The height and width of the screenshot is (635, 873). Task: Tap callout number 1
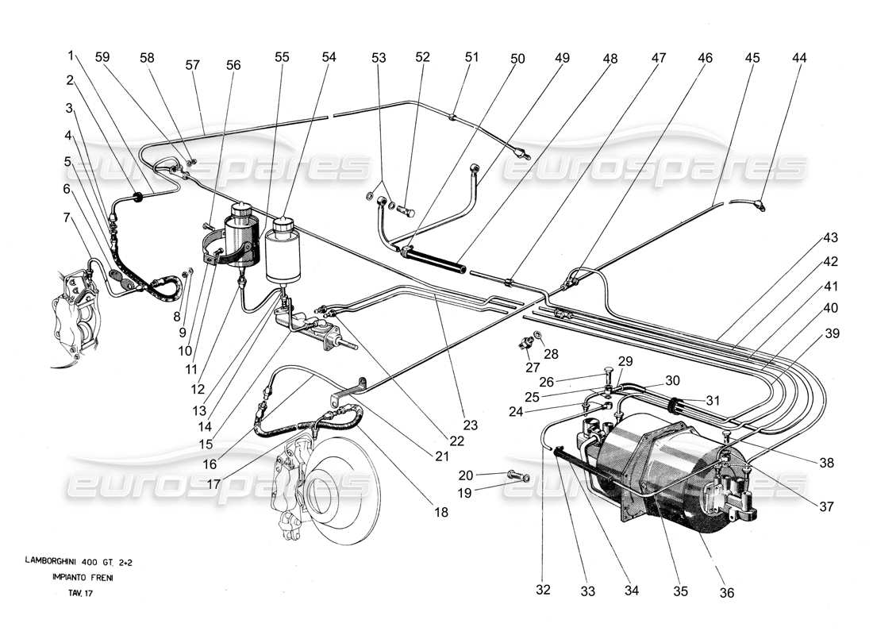(71, 56)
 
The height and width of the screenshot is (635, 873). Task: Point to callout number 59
(102, 58)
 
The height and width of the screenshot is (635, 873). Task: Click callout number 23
(471, 425)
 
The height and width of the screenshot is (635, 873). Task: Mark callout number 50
(518, 58)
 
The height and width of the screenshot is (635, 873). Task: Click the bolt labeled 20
(513, 475)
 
